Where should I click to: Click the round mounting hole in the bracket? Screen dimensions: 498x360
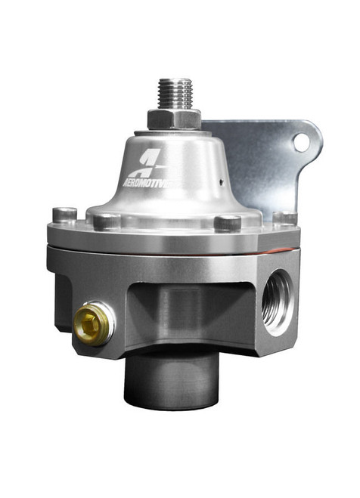tap(302, 141)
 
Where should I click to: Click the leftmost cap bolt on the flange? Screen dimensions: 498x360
tap(64, 215)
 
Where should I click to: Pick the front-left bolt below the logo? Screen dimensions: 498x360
tap(107, 221)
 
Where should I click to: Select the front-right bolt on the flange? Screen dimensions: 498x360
tap(227, 223)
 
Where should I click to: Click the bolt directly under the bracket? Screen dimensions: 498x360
tap(284, 218)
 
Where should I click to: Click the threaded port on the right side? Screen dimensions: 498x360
tap(277, 301)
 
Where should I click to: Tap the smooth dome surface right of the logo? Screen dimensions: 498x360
tap(204, 174)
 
